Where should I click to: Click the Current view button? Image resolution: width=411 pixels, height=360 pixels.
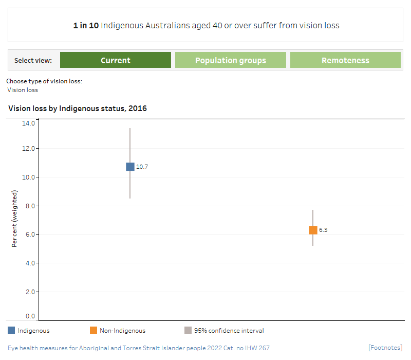116,60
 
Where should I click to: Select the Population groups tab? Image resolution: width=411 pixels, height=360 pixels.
231,60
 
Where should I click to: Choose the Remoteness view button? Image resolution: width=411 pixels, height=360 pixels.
345,60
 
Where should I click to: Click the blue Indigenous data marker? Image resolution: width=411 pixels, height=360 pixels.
130,167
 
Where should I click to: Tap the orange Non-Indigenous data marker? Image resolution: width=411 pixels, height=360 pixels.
313,230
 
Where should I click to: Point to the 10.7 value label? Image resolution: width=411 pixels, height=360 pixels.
142,167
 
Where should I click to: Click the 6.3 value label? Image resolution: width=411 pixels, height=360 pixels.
323,230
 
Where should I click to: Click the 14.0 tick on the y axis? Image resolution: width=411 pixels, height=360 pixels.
28,123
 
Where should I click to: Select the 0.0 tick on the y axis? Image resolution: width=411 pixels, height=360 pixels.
30,316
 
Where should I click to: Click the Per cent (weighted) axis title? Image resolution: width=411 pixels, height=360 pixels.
15,219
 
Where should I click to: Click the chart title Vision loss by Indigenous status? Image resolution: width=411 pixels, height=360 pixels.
78,109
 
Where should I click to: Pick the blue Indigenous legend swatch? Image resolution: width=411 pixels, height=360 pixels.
11,330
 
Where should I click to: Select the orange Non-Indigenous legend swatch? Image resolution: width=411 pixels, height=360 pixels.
94,330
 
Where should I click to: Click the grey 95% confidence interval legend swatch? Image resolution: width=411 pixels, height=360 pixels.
188,330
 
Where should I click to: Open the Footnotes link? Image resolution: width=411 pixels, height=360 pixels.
385,348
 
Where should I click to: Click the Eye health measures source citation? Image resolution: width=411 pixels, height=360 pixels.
139,348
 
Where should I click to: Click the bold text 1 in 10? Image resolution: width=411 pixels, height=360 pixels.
86,25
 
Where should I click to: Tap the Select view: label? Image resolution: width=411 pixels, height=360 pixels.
33,60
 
